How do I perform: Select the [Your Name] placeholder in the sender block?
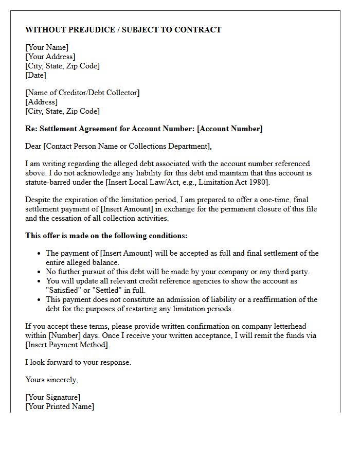47,48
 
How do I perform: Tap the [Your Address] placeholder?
50,57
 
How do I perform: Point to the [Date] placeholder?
35,75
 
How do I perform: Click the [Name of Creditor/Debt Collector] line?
82,93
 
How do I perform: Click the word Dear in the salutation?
33,146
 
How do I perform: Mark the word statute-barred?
48,182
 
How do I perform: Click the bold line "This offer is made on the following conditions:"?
106,236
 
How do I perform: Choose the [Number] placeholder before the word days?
64,335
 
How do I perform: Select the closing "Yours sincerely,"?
51,380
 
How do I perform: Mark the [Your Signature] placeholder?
53,398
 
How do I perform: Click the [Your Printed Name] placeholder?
60,407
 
